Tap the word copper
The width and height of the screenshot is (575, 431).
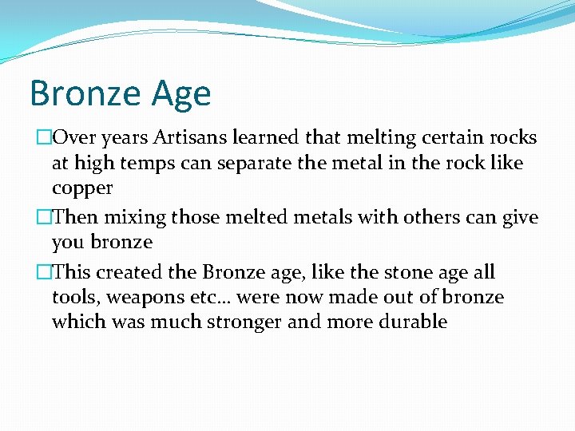[x=82, y=188]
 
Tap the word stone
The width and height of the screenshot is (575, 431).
[x=406, y=272]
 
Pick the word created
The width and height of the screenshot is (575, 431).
[x=132, y=272]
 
